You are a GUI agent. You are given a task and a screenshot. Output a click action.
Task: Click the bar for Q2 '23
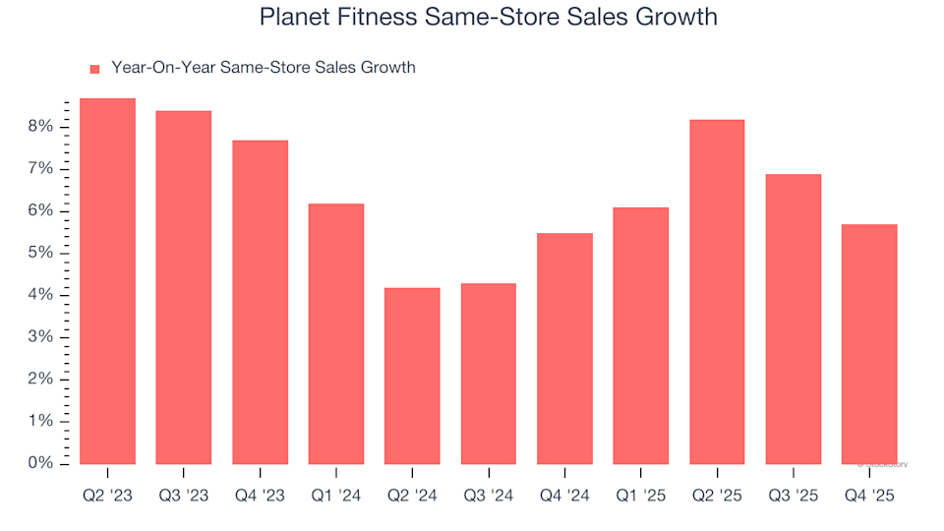coord(107,280)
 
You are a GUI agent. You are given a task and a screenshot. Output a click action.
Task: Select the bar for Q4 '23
coord(260,302)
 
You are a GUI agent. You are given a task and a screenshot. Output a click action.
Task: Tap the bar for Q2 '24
coord(412,376)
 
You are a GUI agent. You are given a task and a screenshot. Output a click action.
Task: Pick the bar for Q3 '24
coord(489,374)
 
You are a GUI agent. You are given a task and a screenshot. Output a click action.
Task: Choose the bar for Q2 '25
coord(717,291)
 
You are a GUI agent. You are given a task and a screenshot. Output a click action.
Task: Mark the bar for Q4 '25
coord(869,344)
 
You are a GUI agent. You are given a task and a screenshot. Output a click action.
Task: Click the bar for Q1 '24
coord(336,333)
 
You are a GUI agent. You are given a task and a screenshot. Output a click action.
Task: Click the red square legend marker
coord(95,69)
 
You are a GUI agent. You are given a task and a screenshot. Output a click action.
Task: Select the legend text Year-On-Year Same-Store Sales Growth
coord(264,68)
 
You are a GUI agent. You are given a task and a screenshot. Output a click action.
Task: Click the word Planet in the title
coord(292,18)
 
